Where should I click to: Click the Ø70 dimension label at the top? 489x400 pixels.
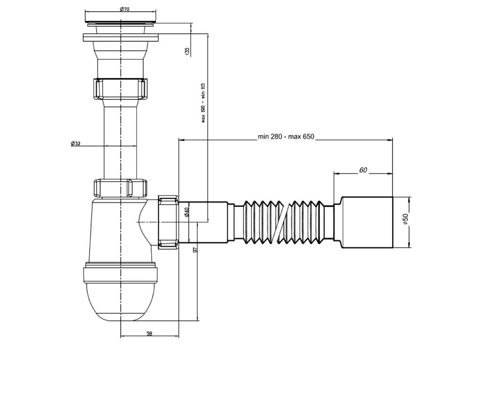124,9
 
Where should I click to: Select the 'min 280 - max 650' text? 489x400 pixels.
286,137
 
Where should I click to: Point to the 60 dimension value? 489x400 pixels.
363,170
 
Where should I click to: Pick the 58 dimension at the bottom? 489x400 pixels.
149,333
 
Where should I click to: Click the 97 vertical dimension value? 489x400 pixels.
195,250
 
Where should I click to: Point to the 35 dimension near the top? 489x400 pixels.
187,51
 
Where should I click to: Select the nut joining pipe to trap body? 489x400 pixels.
121,188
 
